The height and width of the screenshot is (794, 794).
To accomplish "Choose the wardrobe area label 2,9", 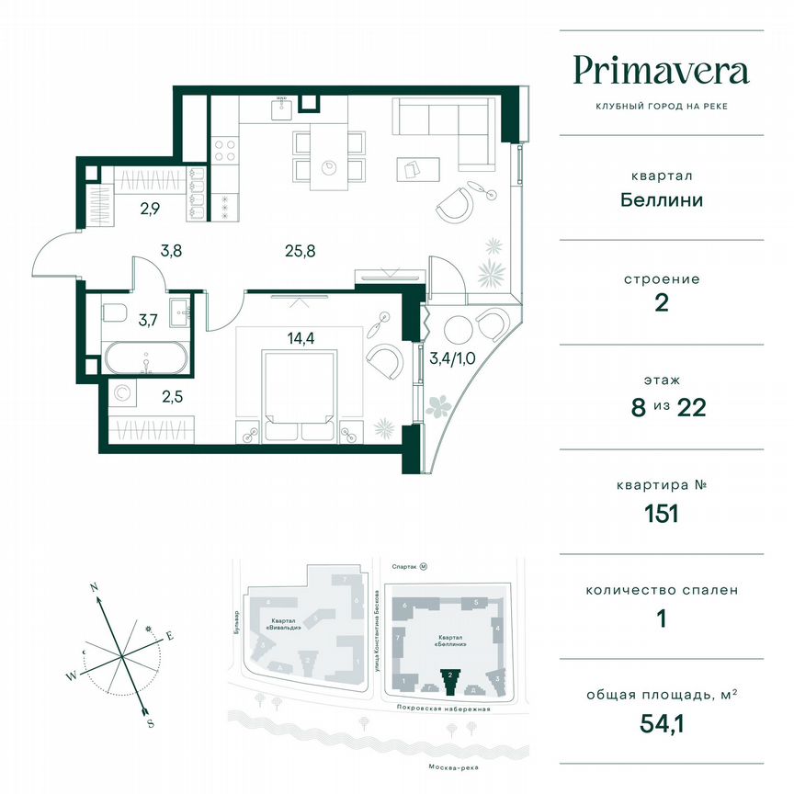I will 149,209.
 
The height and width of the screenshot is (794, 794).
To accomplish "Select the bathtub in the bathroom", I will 147,357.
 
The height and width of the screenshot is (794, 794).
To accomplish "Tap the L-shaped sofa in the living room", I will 441,124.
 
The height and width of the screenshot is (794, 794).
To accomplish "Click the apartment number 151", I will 660,513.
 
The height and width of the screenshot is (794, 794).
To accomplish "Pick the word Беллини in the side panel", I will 660,198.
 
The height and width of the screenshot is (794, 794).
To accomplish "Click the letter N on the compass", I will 93,584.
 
